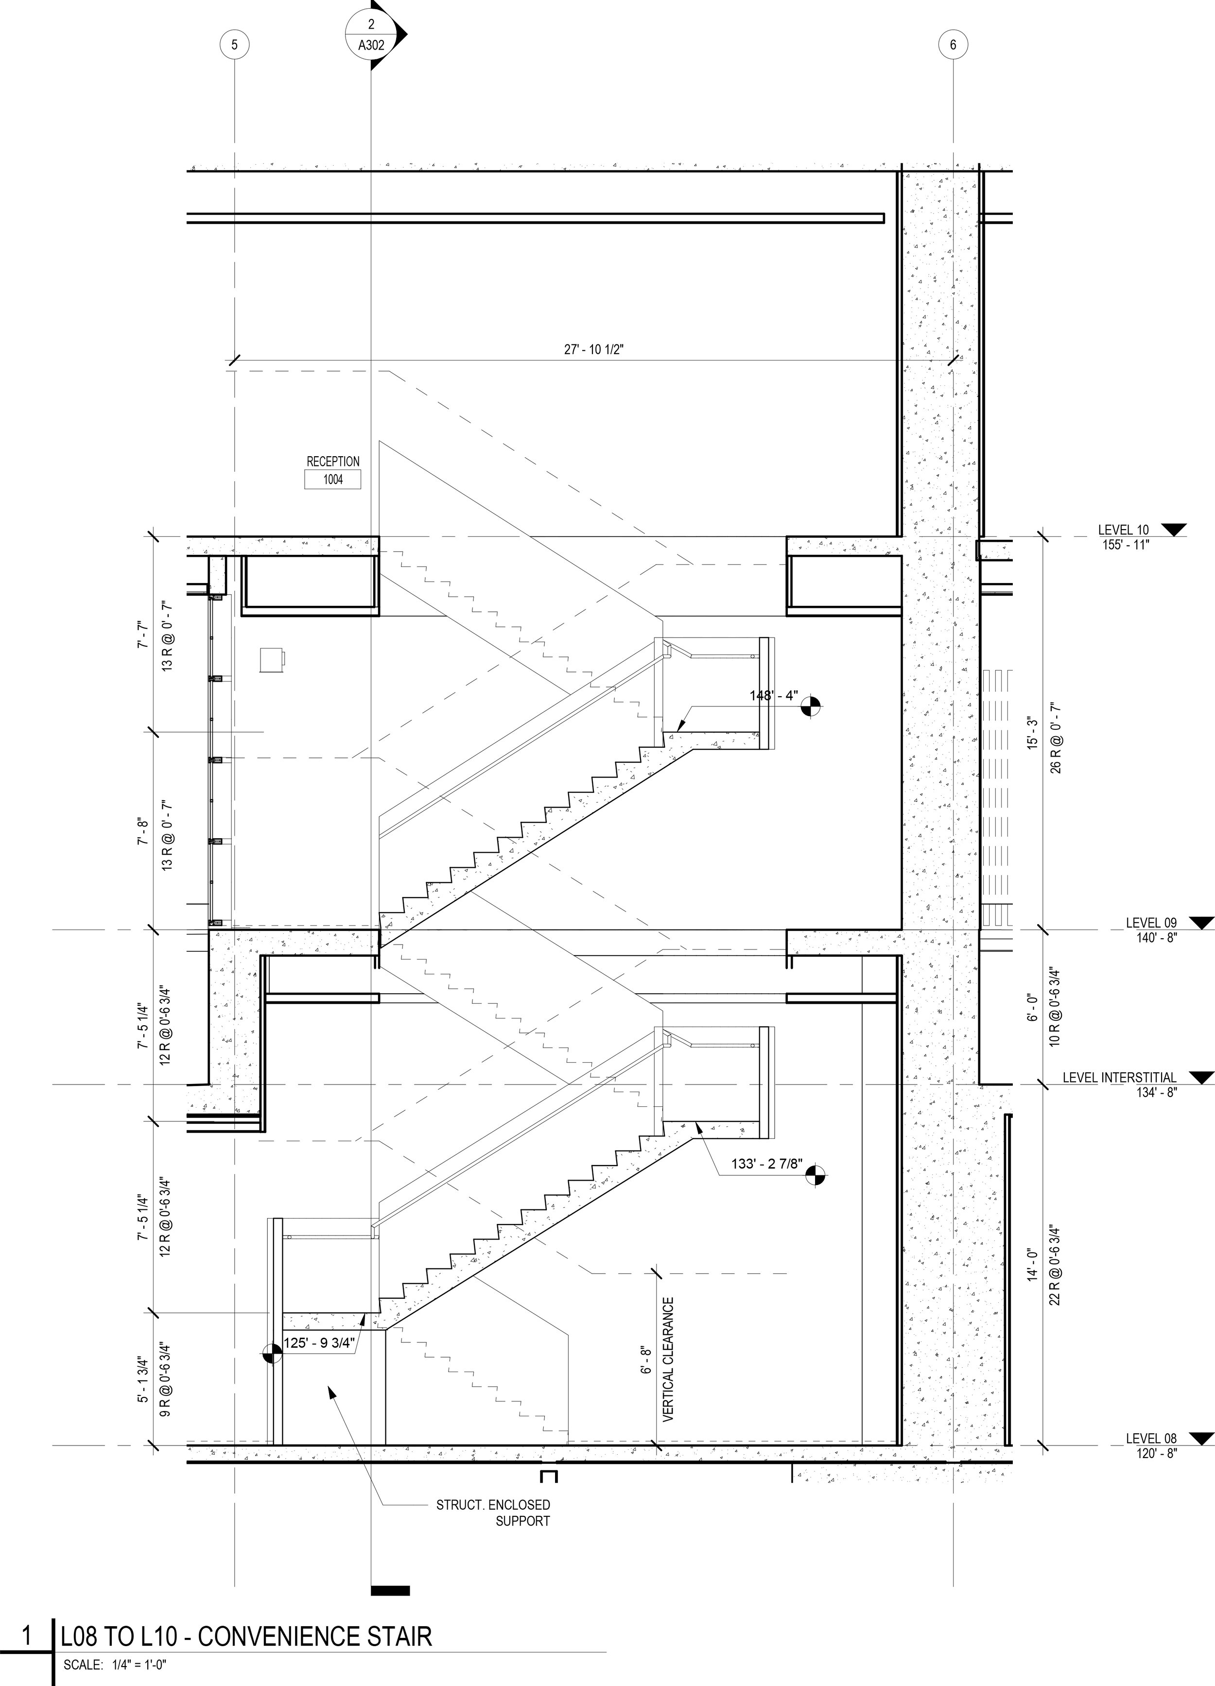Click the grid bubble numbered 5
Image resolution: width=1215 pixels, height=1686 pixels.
pyautogui.click(x=234, y=45)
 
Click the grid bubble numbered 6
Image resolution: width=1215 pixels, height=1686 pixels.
pyautogui.click(x=953, y=45)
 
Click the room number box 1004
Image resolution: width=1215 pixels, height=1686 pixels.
pyautogui.click(x=333, y=480)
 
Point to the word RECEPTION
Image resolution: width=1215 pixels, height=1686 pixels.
pyautogui.click(x=333, y=462)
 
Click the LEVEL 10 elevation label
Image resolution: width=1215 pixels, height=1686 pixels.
pyautogui.click(x=1123, y=530)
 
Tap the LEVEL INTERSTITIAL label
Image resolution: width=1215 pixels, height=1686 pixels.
pyautogui.click(x=1119, y=1077)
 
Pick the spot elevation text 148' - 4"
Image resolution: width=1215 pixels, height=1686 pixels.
pyautogui.click(x=773, y=696)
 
